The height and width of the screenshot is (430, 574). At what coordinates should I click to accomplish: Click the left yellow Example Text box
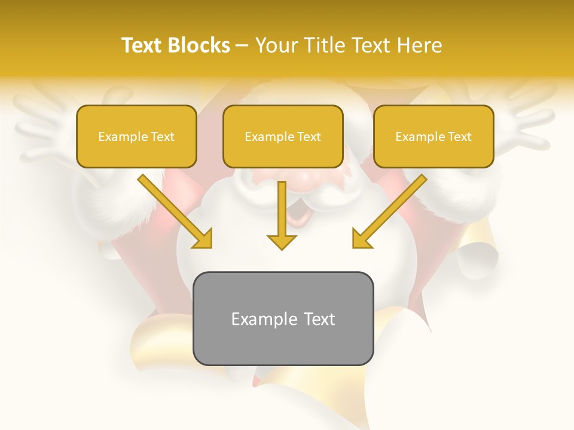coord(136,136)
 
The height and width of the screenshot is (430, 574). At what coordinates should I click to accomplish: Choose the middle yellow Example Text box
coord(283,136)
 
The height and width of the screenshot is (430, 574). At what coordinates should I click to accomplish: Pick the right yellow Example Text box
coord(433,136)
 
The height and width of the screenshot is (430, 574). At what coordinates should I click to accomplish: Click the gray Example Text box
coord(283,318)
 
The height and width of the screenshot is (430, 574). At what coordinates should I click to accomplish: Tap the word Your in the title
coord(275,45)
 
